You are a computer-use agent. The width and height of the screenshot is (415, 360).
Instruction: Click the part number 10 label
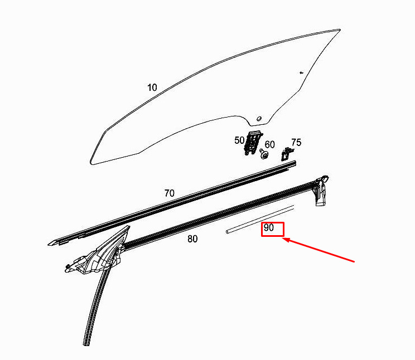152,87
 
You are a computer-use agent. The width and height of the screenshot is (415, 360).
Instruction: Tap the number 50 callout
239,140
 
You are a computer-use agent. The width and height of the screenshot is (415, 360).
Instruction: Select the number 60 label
269,144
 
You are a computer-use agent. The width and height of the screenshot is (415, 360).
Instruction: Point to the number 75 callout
296,143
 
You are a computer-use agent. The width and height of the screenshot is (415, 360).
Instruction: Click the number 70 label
169,193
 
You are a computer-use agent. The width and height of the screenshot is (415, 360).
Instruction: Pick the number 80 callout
192,239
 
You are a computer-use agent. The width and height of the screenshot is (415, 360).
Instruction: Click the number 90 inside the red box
269,228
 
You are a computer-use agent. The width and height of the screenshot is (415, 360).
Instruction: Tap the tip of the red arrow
284,240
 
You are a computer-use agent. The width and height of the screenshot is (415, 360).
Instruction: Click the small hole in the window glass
258,119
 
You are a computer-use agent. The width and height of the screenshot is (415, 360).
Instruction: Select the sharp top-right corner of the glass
340,30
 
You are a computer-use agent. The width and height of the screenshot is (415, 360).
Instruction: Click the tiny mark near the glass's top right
301,72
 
